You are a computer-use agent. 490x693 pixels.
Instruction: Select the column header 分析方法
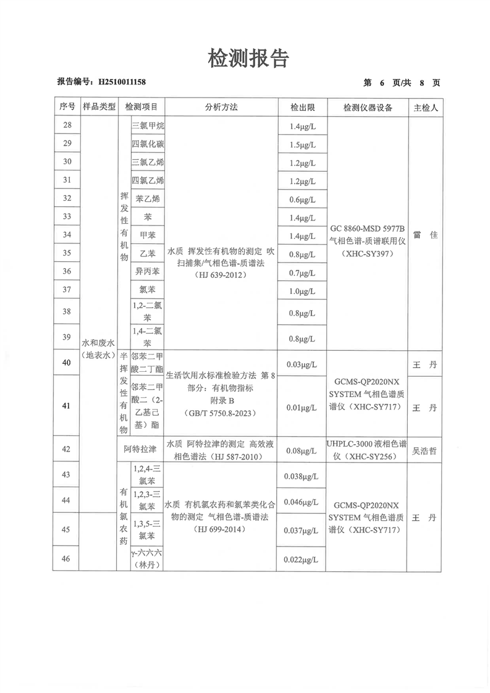(221, 107)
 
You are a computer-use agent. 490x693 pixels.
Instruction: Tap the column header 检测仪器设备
(368, 107)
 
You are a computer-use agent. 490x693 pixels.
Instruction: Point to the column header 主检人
(426, 107)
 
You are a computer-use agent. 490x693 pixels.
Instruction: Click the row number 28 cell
(67, 126)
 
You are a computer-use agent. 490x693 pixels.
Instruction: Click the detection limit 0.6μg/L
(302, 199)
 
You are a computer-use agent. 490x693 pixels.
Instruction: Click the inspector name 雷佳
(425, 235)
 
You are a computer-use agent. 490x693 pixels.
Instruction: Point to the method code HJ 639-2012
(220, 275)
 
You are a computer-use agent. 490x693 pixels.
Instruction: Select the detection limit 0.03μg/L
(302, 364)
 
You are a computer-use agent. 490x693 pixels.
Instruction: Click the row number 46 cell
(67, 558)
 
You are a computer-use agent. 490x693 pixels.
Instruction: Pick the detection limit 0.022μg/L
(302, 560)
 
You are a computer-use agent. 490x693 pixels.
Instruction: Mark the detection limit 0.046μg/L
(302, 502)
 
